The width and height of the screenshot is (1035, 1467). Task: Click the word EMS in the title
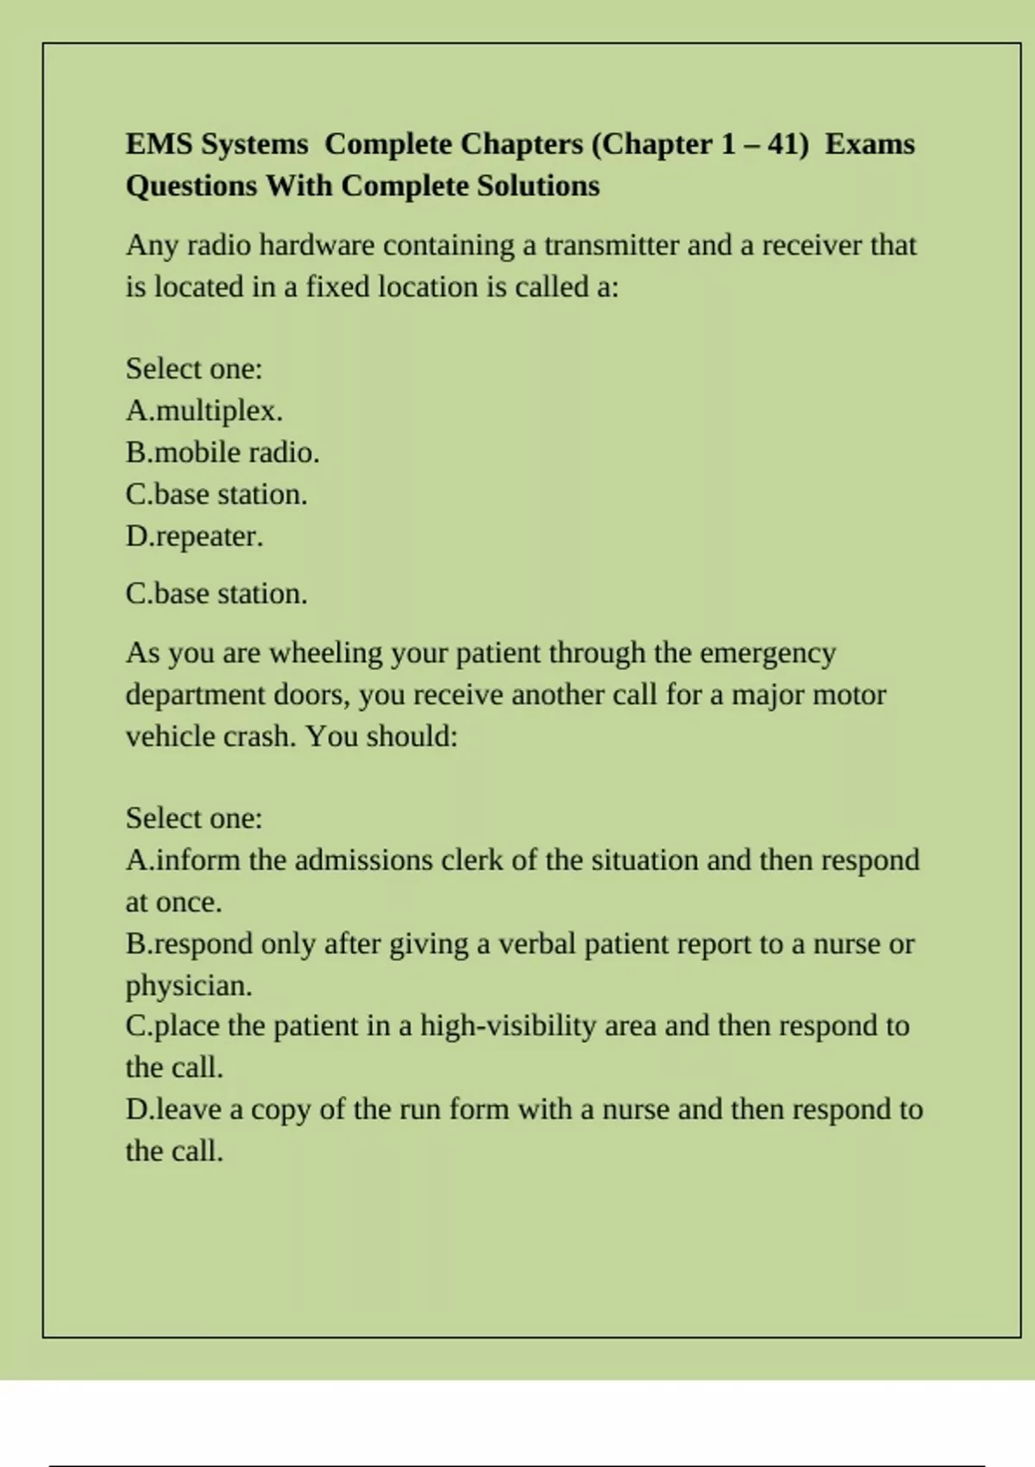click(x=160, y=144)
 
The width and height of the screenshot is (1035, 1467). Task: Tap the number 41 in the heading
click(x=783, y=144)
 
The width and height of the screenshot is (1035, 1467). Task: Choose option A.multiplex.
click(x=204, y=411)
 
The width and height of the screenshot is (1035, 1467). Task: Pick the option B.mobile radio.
click(x=223, y=452)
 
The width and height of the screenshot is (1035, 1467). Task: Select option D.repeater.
click(x=194, y=537)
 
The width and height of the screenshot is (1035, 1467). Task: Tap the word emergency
click(x=768, y=653)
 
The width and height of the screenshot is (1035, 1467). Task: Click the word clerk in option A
click(x=472, y=860)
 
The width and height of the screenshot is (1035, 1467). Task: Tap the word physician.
click(x=189, y=985)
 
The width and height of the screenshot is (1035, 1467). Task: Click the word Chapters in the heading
click(x=522, y=144)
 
